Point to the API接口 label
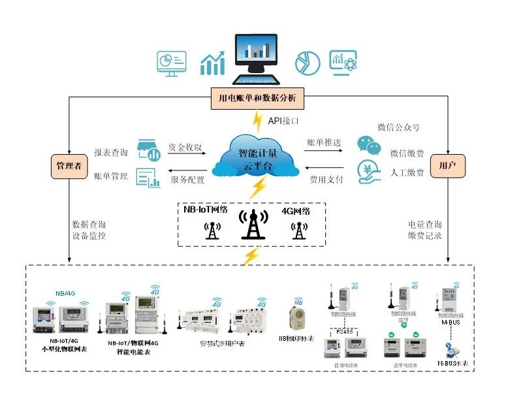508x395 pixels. (x=283, y=121)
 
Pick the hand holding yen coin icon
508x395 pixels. (x=368, y=172)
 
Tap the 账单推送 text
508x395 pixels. (x=323, y=142)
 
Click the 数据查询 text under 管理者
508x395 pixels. (x=89, y=224)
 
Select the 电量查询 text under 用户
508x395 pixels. (x=424, y=224)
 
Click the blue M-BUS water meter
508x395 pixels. (x=450, y=350)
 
